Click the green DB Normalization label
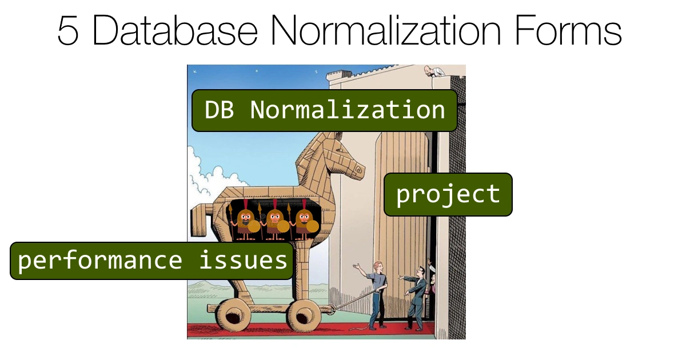click(x=325, y=110)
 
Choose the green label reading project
click(x=448, y=194)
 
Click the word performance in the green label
click(x=100, y=261)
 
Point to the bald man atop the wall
click(x=429, y=71)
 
